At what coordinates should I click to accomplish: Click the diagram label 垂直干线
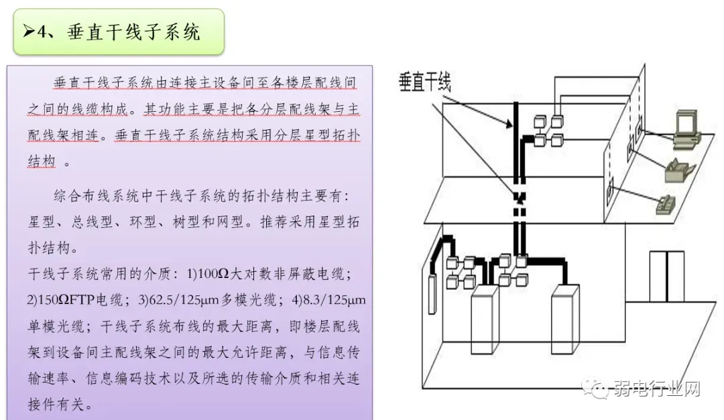tap(424, 82)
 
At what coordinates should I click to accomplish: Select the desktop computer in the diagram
tap(686, 129)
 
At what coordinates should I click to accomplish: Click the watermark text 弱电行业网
tap(657, 389)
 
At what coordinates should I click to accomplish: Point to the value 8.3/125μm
tap(331, 301)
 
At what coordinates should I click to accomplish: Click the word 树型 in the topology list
tap(192, 222)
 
